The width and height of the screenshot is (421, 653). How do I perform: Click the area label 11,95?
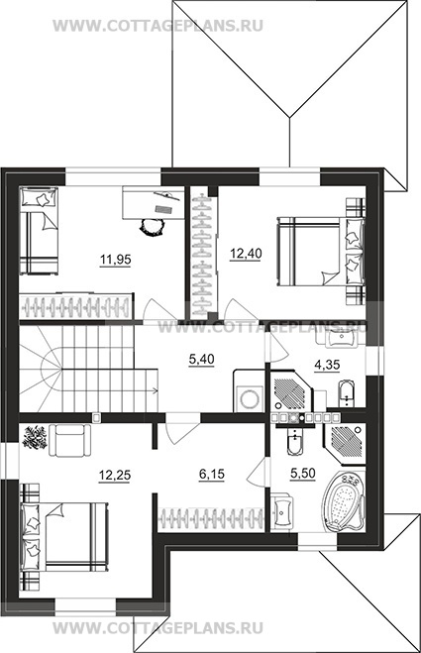(x=115, y=260)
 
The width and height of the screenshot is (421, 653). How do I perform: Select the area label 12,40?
(x=246, y=254)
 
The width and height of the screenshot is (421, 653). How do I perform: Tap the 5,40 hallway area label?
(x=201, y=359)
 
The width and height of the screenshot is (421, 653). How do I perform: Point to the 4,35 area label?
(x=327, y=365)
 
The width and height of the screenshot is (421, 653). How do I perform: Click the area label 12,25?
(x=115, y=475)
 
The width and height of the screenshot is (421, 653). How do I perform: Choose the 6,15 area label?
(x=212, y=474)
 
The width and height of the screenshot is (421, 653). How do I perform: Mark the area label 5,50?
(x=303, y=473)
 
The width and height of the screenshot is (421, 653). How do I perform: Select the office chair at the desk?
(x=152, y=227)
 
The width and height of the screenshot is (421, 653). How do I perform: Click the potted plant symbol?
(x=35, y=437)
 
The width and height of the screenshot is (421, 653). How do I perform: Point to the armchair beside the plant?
(x=70, y=440)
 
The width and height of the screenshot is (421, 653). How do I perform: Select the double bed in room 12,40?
(x=321, y=251)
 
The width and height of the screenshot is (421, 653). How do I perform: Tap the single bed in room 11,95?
(x=39, y=230)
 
